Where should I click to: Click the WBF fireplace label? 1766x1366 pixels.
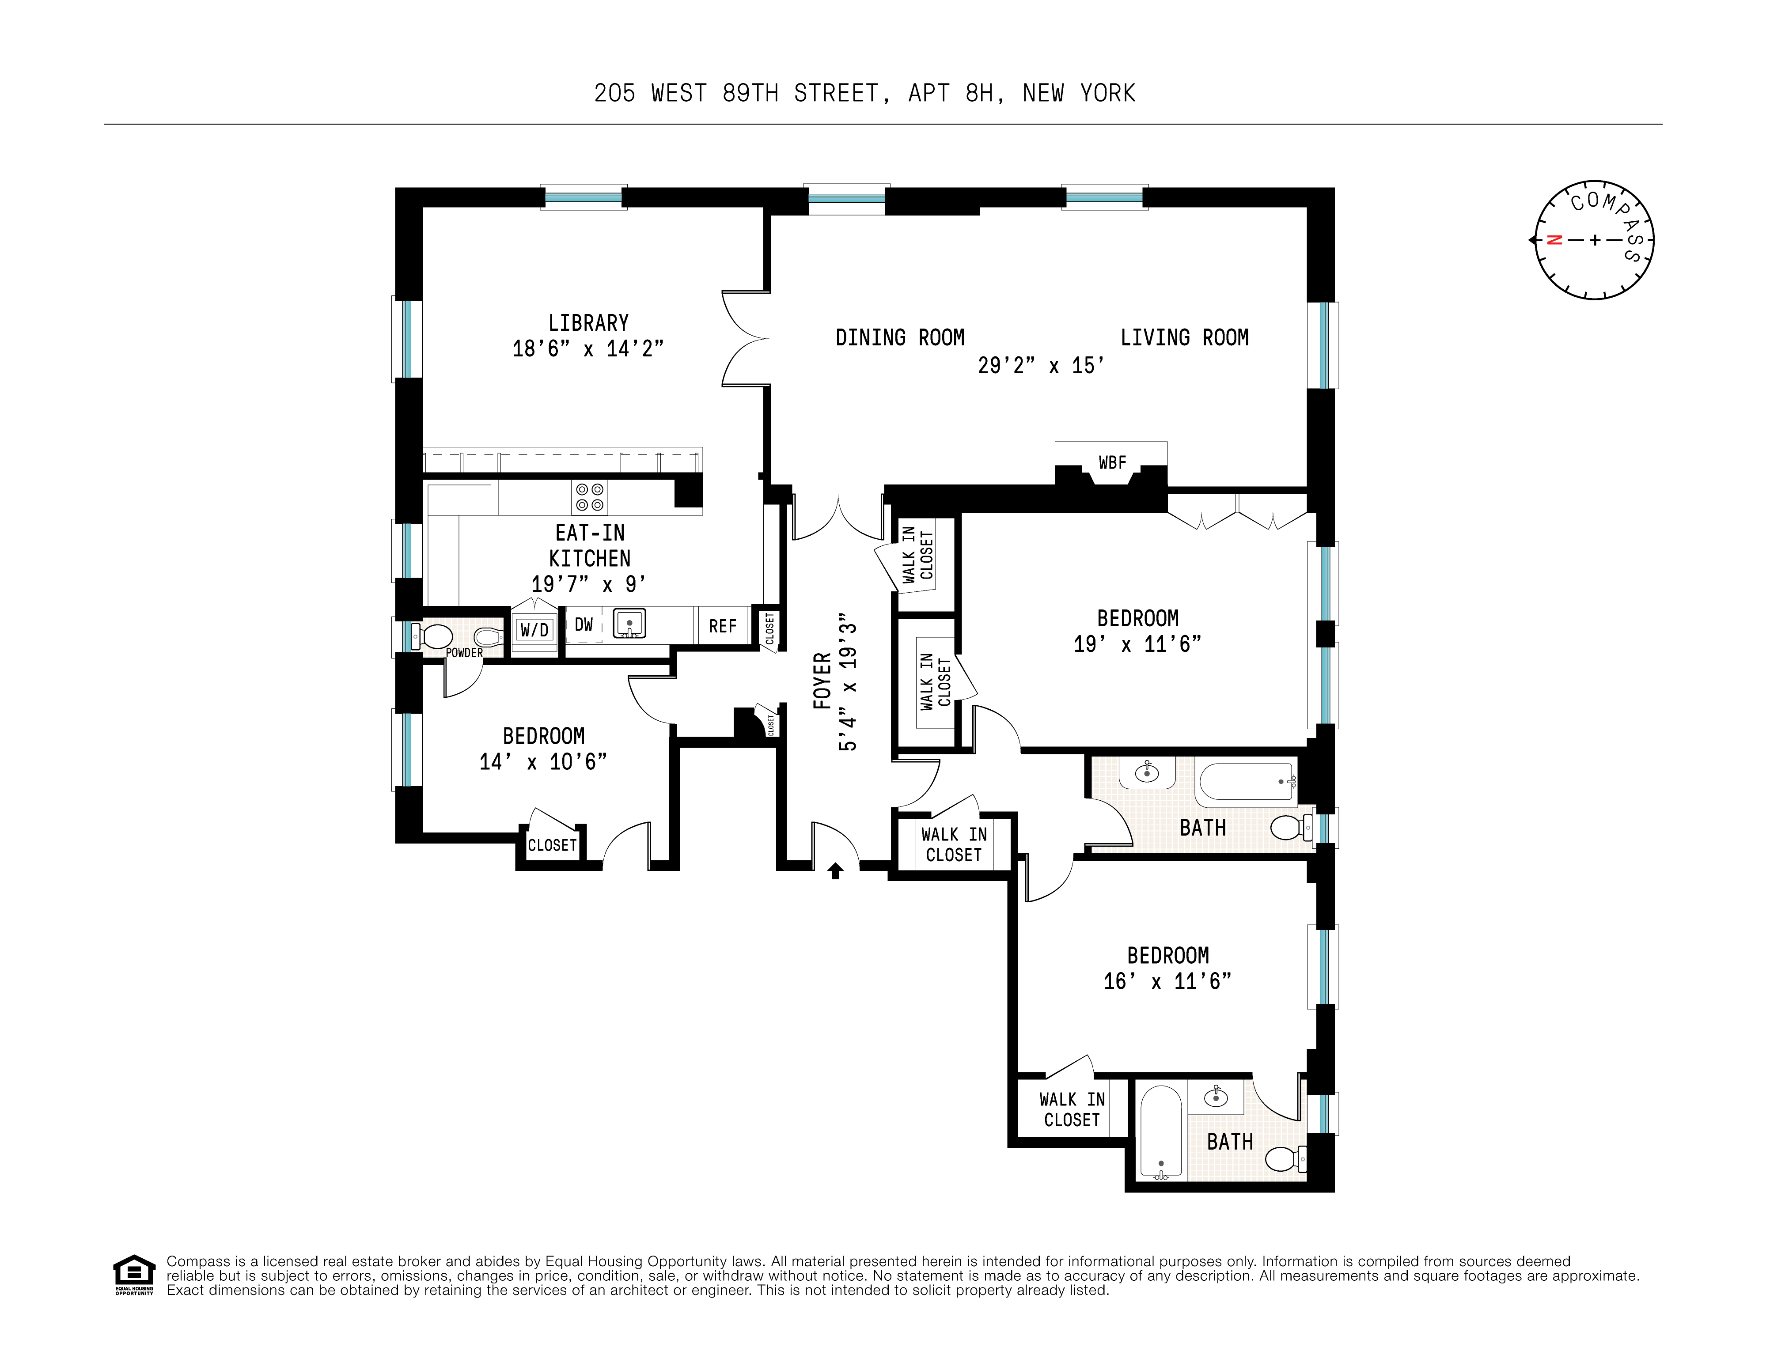1112,462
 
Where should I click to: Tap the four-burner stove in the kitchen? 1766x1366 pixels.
589,497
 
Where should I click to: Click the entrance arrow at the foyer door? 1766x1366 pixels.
835,870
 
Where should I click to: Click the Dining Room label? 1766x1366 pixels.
899,338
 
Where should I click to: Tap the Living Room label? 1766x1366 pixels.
1184,338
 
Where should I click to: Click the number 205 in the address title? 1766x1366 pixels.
614,94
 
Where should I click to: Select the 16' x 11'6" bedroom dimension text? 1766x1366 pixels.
1167,981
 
